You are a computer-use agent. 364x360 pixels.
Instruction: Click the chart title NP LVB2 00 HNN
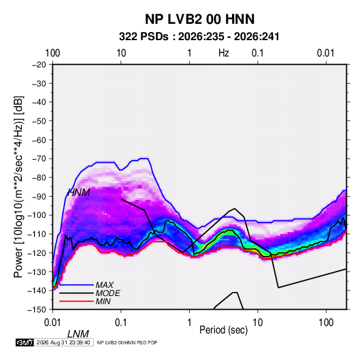(199, 19)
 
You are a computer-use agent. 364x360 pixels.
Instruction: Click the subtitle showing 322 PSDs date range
(199, 37)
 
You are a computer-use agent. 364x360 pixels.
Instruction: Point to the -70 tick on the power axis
(39, 159)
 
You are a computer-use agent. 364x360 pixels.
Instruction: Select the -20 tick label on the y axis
(39, 65)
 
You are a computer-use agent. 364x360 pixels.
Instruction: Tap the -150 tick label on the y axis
(37, 310)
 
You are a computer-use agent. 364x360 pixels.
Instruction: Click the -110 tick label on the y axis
(37, 234)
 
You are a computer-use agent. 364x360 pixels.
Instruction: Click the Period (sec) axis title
(224, 330)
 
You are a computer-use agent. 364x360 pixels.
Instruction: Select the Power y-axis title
(18, 186)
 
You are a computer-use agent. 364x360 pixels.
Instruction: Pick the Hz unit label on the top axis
(224, 53)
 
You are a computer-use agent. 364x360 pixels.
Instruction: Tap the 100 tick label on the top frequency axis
(52, 53)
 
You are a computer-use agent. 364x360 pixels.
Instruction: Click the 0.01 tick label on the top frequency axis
(326, 53)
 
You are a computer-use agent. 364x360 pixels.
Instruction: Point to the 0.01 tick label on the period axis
(52, 323)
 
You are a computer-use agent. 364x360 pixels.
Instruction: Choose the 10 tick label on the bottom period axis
(257, 323)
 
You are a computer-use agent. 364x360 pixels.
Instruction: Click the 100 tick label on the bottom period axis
(326, 323)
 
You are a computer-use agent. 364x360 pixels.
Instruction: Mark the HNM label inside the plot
(79, 193)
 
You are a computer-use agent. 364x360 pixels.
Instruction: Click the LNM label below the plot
(78, 334)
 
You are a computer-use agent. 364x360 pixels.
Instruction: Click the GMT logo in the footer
(24, 342)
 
